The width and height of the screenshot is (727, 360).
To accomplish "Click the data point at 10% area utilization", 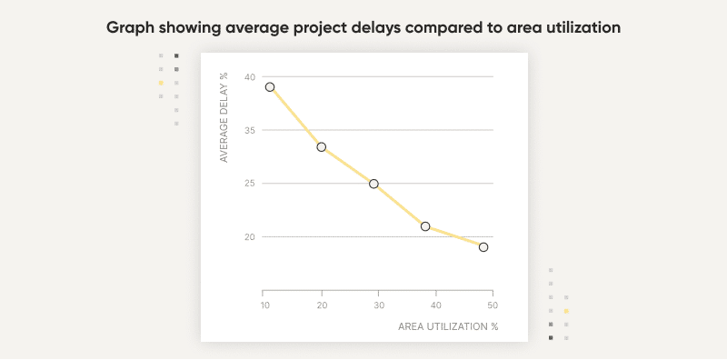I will [x=270, y=87].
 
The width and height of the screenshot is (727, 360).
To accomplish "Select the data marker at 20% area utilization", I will [x=322, y=146].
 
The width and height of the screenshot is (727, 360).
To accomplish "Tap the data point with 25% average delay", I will [x=373, y=184].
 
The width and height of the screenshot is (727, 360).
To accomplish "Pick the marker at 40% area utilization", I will [x=425, y=226].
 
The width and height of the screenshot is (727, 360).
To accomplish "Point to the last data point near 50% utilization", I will [x=483, y=247].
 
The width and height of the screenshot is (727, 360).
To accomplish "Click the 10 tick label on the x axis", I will [x=264, y=305].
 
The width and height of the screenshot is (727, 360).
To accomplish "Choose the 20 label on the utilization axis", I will [x=321, y=305].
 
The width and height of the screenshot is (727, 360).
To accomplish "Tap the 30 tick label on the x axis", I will [x=378, y=305].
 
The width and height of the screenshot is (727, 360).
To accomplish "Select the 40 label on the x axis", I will [x=435, y=305].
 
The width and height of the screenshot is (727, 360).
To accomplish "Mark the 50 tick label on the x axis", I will [x=493, y=305].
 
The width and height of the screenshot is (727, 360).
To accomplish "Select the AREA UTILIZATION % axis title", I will [x=448, y=325].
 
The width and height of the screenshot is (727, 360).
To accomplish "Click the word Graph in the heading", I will [x=130, y=28].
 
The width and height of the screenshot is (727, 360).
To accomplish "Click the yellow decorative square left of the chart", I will [x=161, y=83].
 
